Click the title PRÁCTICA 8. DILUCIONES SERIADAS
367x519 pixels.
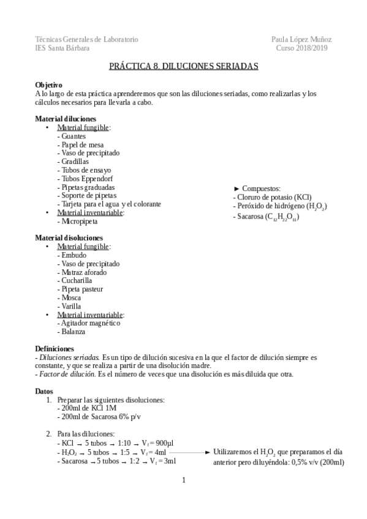pyautogui.click(x=183, y=64)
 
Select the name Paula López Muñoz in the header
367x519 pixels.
pyautogui.click(x=301, y=39)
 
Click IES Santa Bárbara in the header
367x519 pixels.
pyautogui.click(x=62, y=48)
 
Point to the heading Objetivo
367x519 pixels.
pyautogui.click(x=48, y=84)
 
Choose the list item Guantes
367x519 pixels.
pyautogui.click(x=73, y=136)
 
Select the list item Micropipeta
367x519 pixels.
pyautogui.click(x=77, y=221)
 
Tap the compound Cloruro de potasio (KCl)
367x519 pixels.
pyautogui.click(x=273, y=197)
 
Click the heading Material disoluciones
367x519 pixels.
pyautogui.click(x=69, y=237)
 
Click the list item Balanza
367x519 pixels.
pyautogui.click(x=73, y=332)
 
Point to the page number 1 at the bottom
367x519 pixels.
pyautogui.click(x=183, y=480)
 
